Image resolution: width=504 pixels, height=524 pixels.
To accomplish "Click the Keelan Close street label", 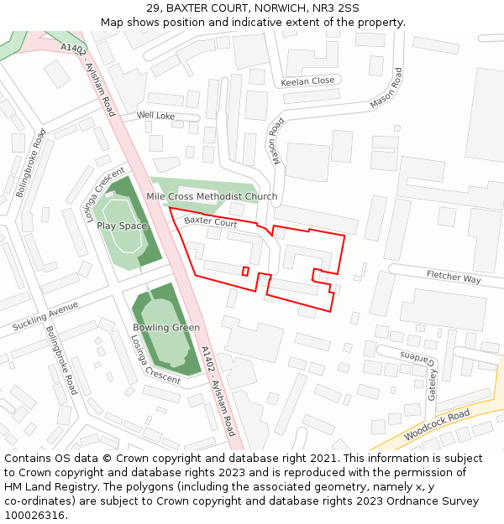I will click(307, 81).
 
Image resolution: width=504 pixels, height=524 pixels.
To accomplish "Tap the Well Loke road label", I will click(156, 116).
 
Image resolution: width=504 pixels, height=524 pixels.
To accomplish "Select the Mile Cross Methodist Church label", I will click(212, 197).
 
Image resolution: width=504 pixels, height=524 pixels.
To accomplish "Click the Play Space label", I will click(122, 226).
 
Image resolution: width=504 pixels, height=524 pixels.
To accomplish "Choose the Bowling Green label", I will click(166, 328).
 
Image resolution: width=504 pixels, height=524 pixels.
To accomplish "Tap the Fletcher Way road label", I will click(454, 277).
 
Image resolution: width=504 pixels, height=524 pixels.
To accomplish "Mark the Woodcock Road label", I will click(436, 425).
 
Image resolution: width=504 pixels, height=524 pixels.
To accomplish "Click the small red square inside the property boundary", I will click(245, 271).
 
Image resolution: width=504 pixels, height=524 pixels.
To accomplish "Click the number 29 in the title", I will click(153, 8).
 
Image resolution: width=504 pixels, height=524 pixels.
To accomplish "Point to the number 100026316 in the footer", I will click(35, 516).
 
